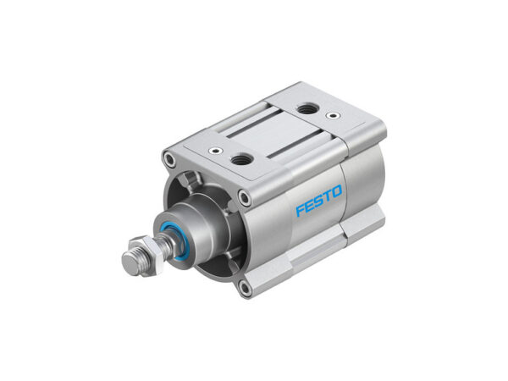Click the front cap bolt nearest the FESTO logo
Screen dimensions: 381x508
(245, 198)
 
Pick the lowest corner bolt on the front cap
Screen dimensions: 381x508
(245, 289)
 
